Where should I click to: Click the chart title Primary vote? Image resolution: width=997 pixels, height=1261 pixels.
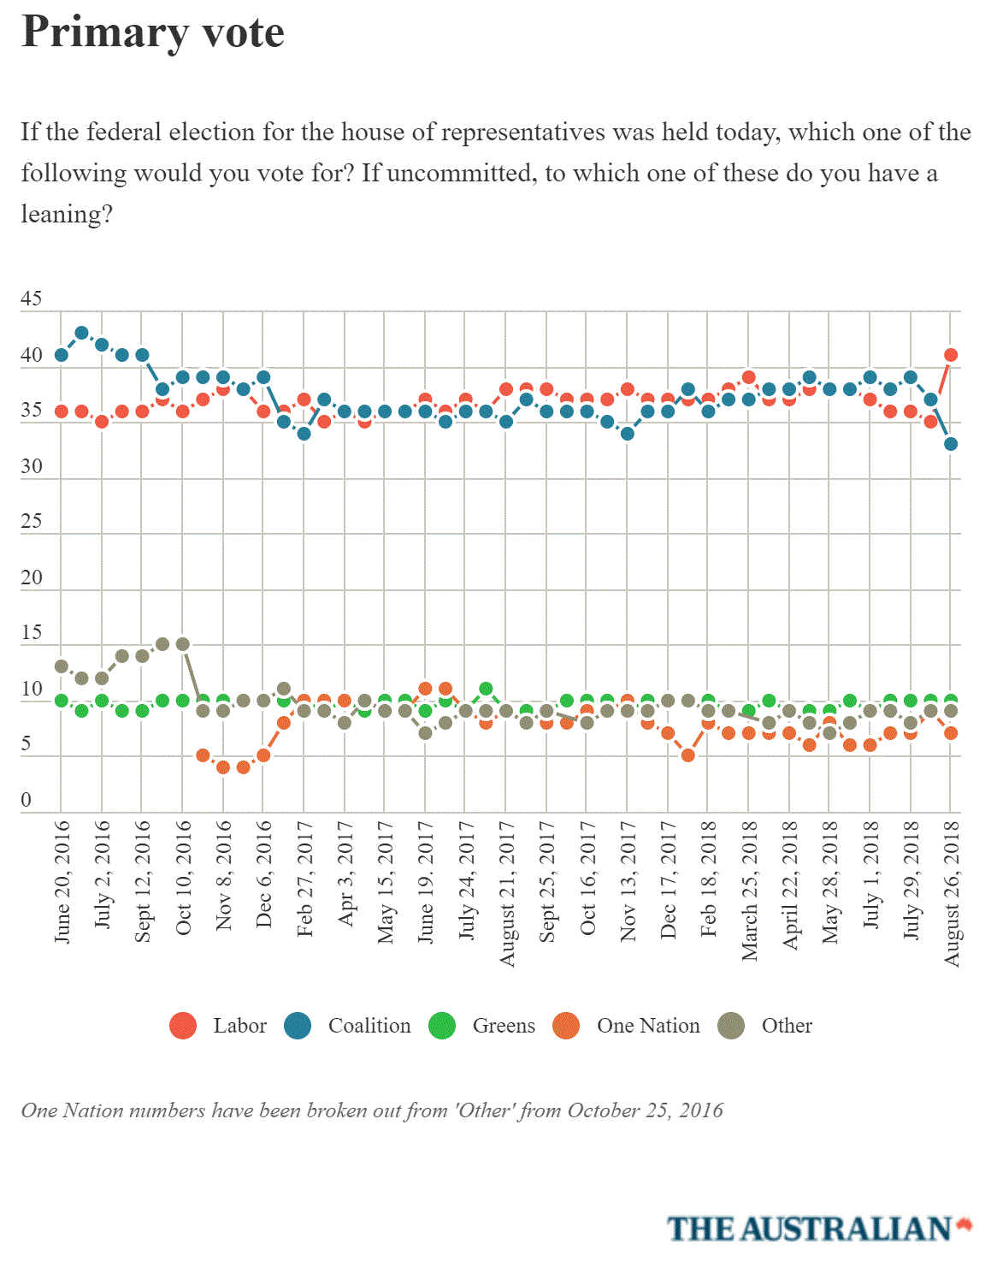(153, 33)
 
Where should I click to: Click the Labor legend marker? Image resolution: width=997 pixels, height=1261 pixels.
(183, 1026)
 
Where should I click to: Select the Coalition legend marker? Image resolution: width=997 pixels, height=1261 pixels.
(298, 1026)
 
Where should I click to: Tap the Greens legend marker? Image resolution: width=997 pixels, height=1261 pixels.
(442, 1026)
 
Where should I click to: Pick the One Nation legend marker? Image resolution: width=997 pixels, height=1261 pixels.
(566, 1026)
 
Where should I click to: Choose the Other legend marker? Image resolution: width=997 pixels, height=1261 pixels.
(731, 1026)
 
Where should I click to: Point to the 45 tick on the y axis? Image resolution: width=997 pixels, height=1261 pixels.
(32, 299)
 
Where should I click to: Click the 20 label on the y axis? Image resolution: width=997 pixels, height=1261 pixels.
(32, 577)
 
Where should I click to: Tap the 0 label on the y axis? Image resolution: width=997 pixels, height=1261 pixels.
(26, 800)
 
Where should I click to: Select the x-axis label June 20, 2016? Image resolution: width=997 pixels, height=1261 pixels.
(62, 882)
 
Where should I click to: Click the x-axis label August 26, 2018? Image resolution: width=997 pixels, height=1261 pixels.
(952, 894)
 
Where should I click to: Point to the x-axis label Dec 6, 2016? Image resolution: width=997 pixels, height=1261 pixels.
(264, 874)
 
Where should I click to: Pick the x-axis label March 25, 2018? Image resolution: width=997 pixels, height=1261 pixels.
(749, 891)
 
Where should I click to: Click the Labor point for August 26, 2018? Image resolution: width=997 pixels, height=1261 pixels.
(951, 355)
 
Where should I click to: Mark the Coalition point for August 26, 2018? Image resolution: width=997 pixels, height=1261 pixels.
(951, 444)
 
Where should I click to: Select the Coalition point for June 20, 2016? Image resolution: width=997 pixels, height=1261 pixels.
(61, 355)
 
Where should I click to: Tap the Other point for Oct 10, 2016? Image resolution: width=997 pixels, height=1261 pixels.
(183, 644)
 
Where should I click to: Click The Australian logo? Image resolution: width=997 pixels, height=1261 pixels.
(819, 1228)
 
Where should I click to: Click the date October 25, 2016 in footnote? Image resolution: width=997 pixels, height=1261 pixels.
(645, 1110)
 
